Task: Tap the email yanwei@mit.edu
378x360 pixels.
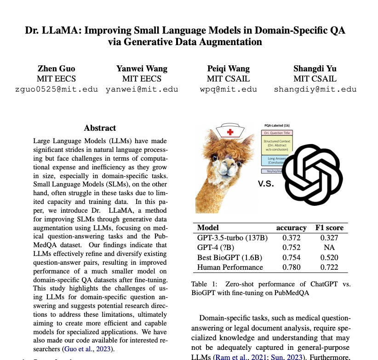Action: [x=141, y=89]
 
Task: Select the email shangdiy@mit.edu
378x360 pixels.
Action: [x=315, y=89]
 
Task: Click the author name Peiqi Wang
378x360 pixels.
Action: [x=229, y=69]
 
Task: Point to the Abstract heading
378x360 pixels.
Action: [x=100, y=128]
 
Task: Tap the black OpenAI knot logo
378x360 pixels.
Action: [x=312, y=171]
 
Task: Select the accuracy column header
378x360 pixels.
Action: [x=291, y=227]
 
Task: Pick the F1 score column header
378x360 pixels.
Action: [x=329, y=227]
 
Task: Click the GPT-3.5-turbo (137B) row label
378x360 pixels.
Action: [x=232, y=238]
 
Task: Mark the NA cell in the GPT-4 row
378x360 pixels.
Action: [x=329, y=247]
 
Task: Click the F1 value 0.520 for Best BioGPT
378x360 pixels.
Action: [x=329, y=257]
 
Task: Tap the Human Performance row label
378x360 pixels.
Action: [x=230, y=267]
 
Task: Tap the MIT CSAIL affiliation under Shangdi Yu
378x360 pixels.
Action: [x=315, y=79]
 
